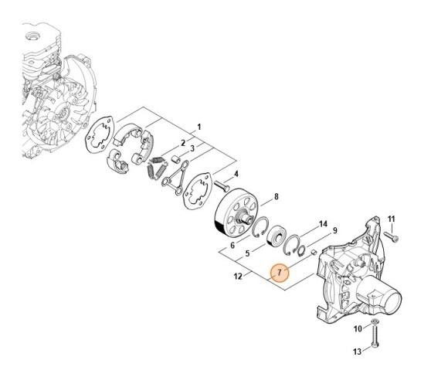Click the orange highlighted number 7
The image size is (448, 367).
pos(281,272)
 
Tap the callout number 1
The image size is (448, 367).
pos(199,126)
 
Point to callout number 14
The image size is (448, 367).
pos(322,223)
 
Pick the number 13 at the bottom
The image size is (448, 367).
pos(230,245)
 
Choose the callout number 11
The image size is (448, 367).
pos(392,219)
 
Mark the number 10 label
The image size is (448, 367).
pos(357,329)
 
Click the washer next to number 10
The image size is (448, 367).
pos(375,320)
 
